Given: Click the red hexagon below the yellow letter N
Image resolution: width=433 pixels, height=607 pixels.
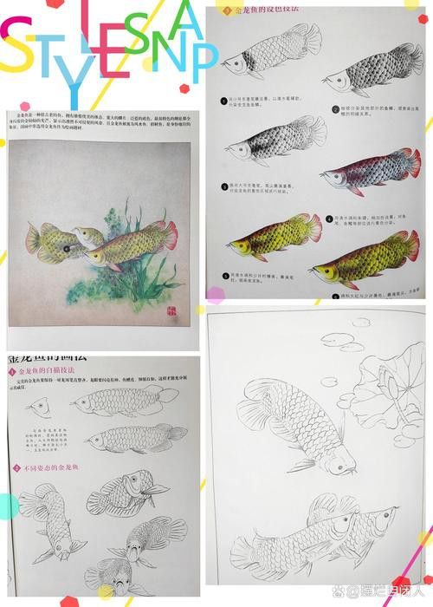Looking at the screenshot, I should [x=184, y=88].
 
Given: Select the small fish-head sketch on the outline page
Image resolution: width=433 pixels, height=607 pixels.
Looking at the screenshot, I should [x=37, y=406].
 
